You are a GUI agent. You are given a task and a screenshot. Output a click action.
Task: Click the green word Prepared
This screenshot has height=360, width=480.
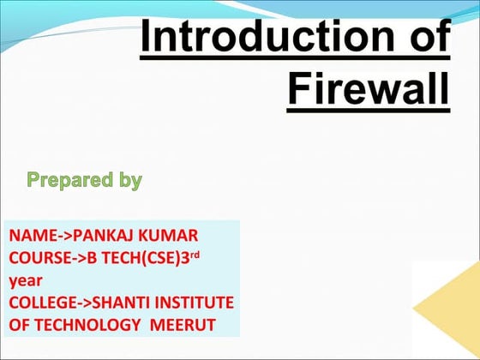point(69,181)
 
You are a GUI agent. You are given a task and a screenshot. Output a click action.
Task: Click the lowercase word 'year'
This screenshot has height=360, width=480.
point(25,280)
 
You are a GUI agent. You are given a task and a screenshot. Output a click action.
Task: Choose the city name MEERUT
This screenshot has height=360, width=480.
point(190,325)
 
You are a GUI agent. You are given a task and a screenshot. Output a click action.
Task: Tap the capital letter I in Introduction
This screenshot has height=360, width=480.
point(146,39)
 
